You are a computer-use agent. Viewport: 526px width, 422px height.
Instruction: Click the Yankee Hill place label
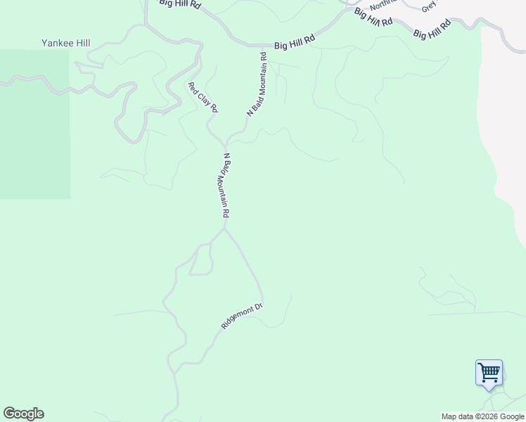(x=65, y=44)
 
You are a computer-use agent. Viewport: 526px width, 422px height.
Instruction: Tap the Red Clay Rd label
(x=203, y=98)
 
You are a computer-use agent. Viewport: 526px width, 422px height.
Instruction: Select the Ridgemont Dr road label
(x=241, y=316)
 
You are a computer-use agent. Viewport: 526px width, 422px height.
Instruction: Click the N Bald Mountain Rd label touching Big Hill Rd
(x=257, y=84)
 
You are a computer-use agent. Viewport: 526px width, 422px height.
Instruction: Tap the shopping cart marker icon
(x=489, y=372)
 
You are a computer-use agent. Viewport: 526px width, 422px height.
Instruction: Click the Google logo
(x=23, y=414)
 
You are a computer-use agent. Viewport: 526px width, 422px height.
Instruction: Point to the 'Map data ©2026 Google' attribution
(x=482, y=416)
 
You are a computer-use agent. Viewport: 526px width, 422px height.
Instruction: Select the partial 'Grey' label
(x=429, y=7)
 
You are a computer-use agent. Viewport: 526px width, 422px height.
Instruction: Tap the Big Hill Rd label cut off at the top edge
(x=180, y=4)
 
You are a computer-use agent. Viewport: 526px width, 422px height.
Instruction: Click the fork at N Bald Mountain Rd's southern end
(x=225, y=228)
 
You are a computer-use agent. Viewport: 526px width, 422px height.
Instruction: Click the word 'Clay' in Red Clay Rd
(x=203, y=98)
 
